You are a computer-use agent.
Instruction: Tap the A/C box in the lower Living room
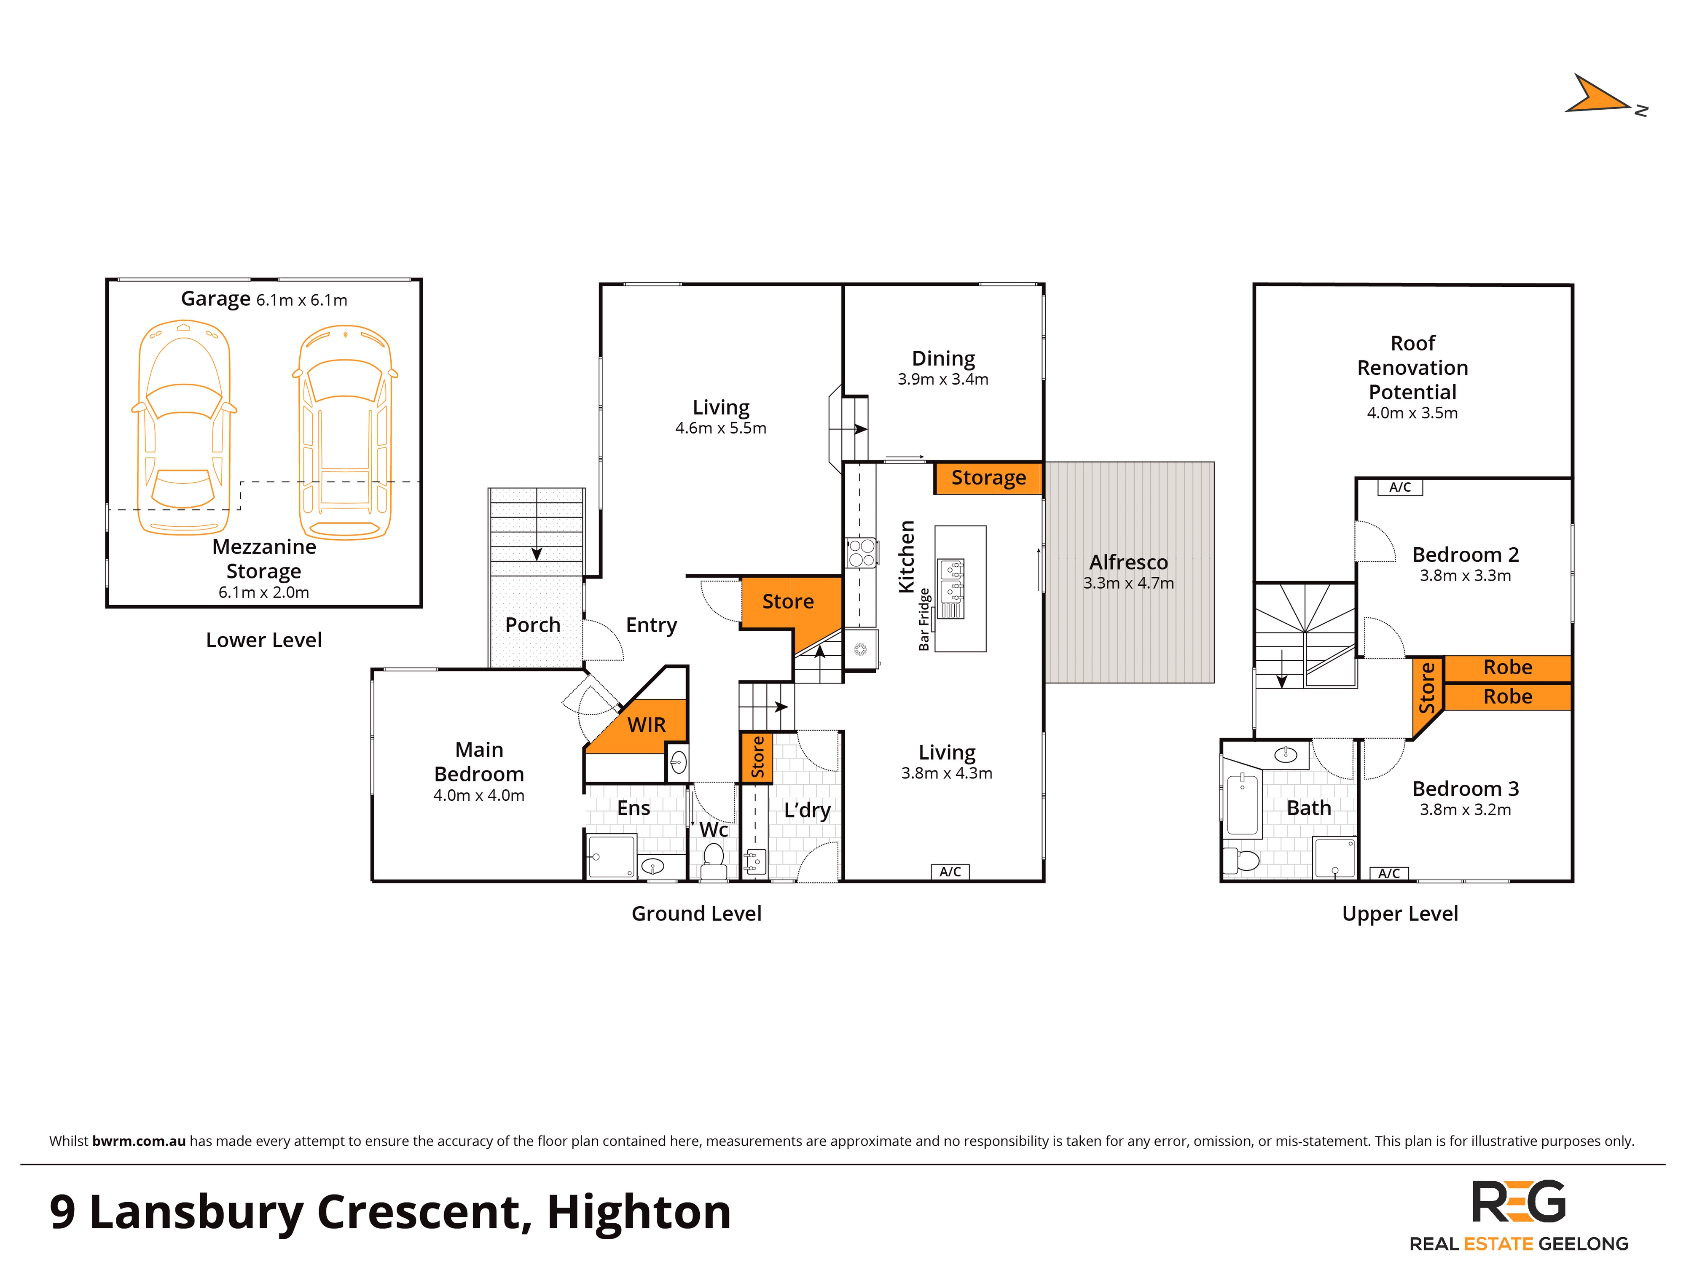950,872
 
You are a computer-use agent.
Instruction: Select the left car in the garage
184,427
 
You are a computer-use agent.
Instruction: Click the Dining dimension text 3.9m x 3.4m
943,379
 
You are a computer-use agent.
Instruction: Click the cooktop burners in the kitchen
861,553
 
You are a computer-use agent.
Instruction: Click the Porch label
533,625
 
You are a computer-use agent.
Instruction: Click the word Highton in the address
639,1212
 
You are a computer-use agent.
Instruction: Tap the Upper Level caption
1399,913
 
